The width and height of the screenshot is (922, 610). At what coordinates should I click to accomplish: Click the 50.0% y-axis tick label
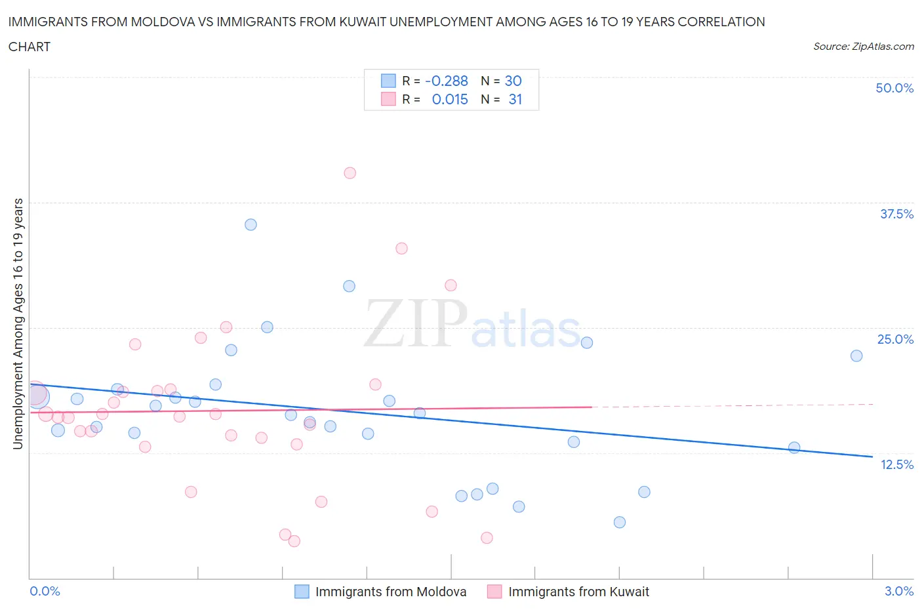(894, 88)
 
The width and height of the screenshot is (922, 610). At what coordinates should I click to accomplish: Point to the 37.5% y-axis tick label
(896, 214)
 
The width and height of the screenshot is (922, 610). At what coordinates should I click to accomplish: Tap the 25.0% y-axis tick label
(895, 339)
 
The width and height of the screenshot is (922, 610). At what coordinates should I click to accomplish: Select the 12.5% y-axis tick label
(896, 464)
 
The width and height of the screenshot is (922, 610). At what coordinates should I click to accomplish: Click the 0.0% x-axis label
(45, 591)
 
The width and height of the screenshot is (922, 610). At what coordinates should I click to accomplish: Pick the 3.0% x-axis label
(898, 591)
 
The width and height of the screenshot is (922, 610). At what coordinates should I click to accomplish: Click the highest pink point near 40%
(350, 173)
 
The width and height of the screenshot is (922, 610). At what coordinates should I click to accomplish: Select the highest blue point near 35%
(251, 224)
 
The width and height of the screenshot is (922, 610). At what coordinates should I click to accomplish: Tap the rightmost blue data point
(856, 356)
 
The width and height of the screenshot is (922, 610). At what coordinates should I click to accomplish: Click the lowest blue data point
(620, 522)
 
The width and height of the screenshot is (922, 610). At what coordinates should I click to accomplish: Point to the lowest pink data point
(294, 541)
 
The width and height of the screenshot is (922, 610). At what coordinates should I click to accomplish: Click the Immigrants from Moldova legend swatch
(302, 592)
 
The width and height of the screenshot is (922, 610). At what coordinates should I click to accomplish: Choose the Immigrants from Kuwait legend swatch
(494, 592)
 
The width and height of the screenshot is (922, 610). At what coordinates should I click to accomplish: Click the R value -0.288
(446, 81)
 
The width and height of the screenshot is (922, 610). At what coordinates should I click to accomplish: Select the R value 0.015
(450, 99)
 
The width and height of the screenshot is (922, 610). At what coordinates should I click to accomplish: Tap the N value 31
(515, 99)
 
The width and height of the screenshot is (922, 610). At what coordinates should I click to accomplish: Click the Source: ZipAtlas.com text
(863, 47)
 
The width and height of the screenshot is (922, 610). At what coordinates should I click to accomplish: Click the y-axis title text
(18, 323)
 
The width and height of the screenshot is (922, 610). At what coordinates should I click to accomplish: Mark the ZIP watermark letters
(415, 323)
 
